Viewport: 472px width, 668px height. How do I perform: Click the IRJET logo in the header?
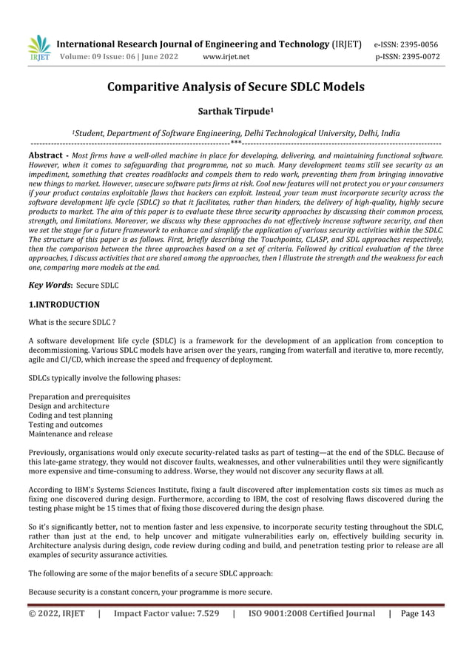(x=38, y=47)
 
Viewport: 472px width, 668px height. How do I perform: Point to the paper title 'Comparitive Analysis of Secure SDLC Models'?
(x=236, y=87)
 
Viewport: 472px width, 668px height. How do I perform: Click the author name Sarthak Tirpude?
(x=236, y=114)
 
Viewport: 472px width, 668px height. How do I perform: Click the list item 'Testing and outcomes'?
(x=64, y=425)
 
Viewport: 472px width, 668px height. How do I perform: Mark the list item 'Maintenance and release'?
(x=70, y=433)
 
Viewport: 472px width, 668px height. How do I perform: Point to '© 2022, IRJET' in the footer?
(x=57, y=613)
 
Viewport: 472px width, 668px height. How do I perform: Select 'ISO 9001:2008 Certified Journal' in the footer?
(x=311, y=613)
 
